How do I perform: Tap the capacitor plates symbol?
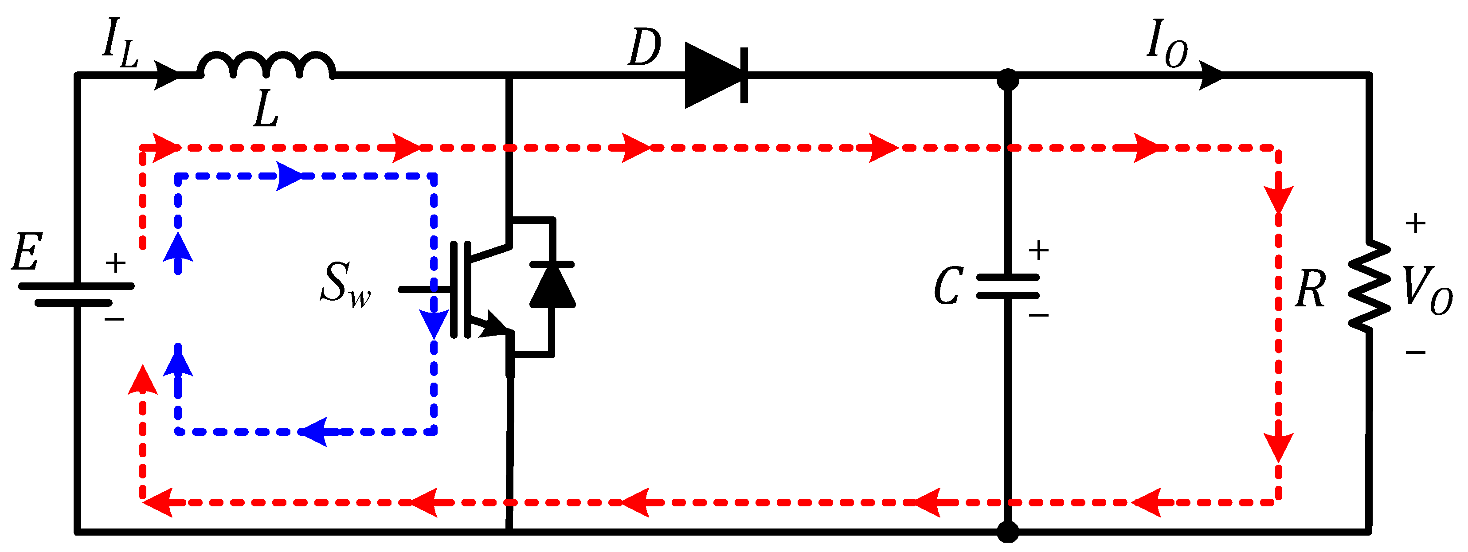(1007, 286)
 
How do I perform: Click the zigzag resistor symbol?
(1369, 286)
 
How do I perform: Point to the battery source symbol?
(76, 294)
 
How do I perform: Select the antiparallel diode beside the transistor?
(552, 285)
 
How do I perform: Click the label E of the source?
(27, 252)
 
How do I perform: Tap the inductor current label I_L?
(120, 43)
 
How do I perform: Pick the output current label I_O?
(1167, 43)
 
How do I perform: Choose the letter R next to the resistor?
(1310, 289)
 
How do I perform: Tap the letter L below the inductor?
(266, 110)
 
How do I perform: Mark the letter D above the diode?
(644, 48)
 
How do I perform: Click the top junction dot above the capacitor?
(1007, 79)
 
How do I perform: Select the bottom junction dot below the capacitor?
(1007, 532)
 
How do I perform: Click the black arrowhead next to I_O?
(1211, 74)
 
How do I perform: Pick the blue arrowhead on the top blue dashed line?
(290, 176)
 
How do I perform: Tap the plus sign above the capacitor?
(1038, 250)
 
